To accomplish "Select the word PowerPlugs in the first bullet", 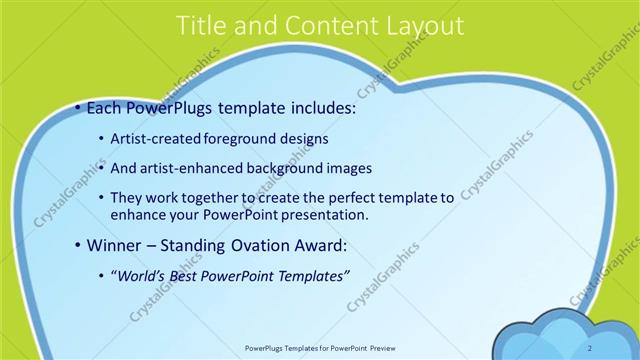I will [x=174, y=108].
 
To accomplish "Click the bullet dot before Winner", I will [x=79, y=246].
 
